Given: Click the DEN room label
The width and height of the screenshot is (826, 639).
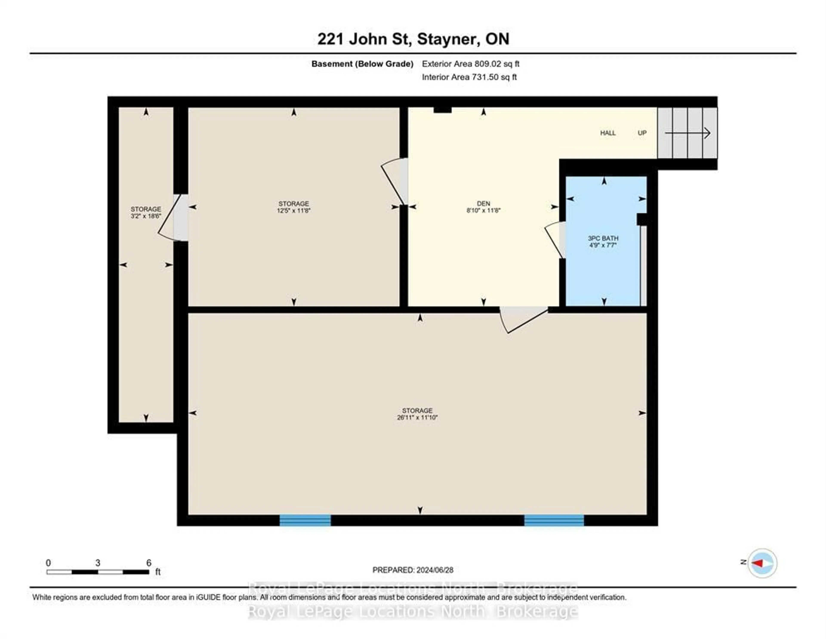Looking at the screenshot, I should tap(483, 204).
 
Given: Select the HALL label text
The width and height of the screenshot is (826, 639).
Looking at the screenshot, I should tap(608, 133).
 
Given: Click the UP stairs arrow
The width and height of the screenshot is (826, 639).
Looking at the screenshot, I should tap(687, 133).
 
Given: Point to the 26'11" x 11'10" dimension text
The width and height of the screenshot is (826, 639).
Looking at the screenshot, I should tap(417, 418).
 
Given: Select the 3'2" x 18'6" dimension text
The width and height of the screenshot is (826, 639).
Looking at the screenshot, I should tap(146, 216).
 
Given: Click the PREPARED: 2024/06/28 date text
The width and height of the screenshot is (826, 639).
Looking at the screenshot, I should tap(413, 570).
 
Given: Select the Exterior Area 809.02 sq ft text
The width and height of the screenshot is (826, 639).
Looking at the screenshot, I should tap(470, 64).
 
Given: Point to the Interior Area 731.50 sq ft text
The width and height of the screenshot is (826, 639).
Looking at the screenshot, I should tap(469, 77).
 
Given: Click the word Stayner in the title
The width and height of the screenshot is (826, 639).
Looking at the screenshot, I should tap(446, 39).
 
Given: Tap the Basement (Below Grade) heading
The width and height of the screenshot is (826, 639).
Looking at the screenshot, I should tap(362, 64).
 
